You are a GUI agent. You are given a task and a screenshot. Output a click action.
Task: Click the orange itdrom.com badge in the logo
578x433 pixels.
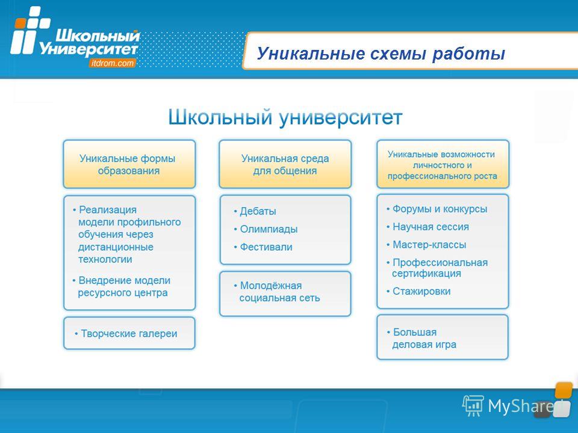[112, 63]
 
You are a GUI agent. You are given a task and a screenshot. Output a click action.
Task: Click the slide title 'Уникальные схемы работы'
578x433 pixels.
[381, 54]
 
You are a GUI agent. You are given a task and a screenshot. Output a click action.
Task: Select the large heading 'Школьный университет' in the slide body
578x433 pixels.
[285, 117]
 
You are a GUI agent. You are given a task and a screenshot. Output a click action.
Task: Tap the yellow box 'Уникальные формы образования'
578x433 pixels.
[129, 164]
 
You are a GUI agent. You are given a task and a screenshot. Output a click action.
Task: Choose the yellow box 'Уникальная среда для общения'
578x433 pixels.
[285, 164]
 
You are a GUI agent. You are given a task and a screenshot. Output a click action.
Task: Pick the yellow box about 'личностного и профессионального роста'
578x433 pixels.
[443, 164]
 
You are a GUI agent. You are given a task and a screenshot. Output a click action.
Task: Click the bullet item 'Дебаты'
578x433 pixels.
[255, 211]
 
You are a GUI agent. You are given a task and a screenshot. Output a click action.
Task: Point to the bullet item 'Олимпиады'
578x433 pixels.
[266, 229]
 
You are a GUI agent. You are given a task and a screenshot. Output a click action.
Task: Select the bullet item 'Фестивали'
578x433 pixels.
[263, 247]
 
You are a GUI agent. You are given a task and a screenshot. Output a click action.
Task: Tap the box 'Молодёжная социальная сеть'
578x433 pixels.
[285, 293]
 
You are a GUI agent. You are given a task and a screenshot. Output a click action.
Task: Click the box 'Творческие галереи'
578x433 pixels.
[129, 333]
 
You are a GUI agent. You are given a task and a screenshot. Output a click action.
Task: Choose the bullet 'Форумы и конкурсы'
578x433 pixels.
[437, 209]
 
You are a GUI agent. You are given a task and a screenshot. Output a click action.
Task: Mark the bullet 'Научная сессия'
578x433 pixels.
[427, 227]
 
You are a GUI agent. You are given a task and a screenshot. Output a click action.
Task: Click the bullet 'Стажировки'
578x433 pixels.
[418, 291]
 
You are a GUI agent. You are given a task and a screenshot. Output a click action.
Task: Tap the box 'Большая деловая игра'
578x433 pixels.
[443, 337]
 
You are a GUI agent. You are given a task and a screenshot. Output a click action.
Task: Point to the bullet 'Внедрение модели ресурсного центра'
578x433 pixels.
[122, 286]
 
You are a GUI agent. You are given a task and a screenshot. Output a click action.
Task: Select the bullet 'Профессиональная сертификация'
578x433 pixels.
[437, 268]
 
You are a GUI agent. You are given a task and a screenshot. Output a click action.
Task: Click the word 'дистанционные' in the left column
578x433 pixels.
[116, 247]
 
